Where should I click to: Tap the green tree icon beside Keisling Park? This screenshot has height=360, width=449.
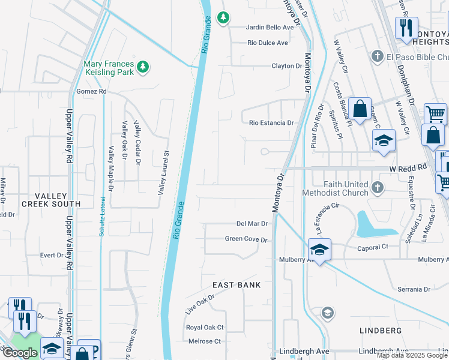click(x=142, y=65)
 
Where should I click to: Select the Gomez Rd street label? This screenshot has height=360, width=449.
click(x=91, y=91)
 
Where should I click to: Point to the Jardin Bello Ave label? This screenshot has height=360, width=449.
click(x=271, y=28)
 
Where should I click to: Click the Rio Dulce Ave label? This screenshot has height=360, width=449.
click(x=268, y=43)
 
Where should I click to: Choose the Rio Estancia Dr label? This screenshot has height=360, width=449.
click(x=272, y=123)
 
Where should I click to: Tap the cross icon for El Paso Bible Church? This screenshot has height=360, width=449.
click(x=377, y=56)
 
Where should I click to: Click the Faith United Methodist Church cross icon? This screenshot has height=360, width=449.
click(x=377, y=188)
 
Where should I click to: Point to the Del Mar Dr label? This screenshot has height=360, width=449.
click(x=252, y=223)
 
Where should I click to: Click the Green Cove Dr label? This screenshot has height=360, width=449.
click(x=246, y=239)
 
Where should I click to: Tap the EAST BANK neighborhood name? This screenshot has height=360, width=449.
click(x=237, y=285)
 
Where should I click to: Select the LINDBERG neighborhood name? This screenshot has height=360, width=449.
click(x=380, y=331)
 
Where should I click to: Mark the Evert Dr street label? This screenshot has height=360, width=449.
click(x=51, y=255)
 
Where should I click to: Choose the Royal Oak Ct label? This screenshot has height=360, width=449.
click(x=205, y=328)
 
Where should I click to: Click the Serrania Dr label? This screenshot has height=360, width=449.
click(x=414, y=289)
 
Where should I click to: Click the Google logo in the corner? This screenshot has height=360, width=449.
click(x=20, y=352)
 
